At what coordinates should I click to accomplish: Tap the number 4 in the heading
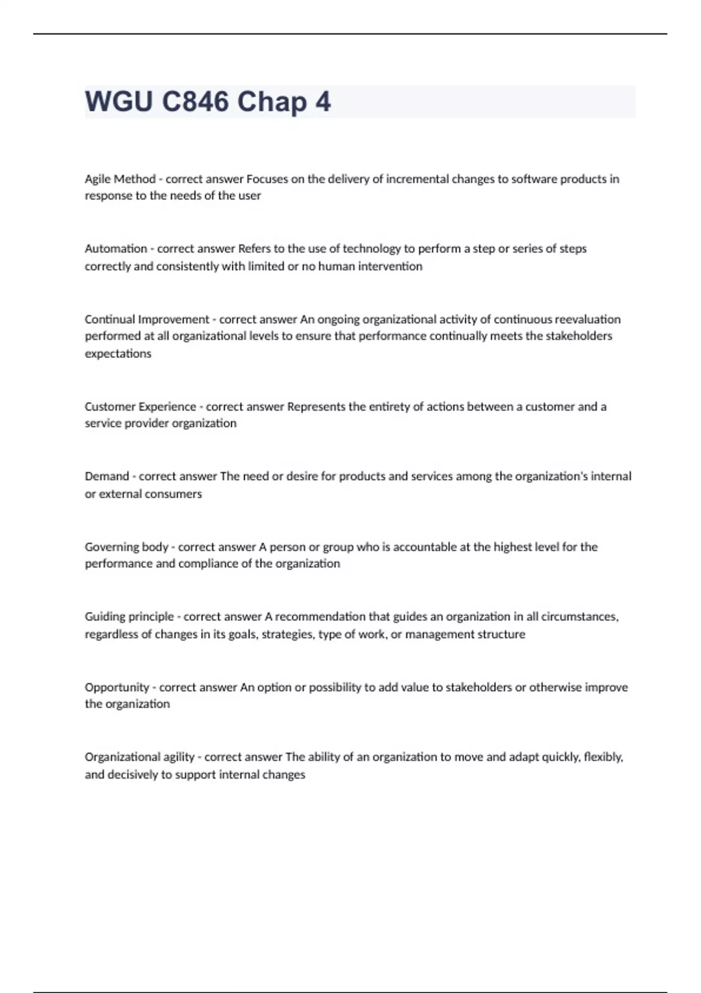[x=323, y=102]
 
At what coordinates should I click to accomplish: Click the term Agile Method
[x=120, y=179]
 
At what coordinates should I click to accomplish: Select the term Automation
[x=116, y=248]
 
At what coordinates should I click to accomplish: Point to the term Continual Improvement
[x=147, y=319]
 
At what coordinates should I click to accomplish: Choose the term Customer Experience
[x=140, y=406]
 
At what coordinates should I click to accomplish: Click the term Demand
[x=106, y=476]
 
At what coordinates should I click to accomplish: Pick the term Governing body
[x=126, y=547]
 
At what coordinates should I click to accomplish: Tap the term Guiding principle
[x=129, y=616]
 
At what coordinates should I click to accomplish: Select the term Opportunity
[x=117, y=687]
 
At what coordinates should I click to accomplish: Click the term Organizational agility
[x=139, y=756]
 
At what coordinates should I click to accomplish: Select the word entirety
[x=388, y=406]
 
